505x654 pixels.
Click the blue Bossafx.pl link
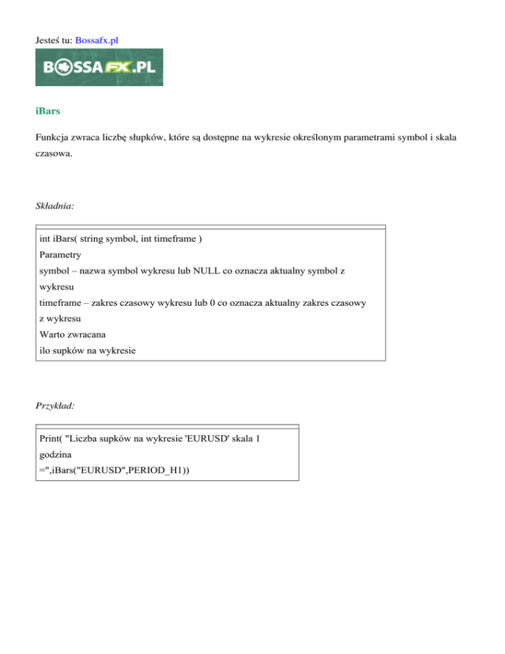[97, 40]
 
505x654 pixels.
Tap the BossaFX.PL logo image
[99, 67]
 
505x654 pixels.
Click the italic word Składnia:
[55, 206]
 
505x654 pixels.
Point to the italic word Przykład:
[55, 407]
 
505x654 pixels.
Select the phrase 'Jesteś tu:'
[54, 40]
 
